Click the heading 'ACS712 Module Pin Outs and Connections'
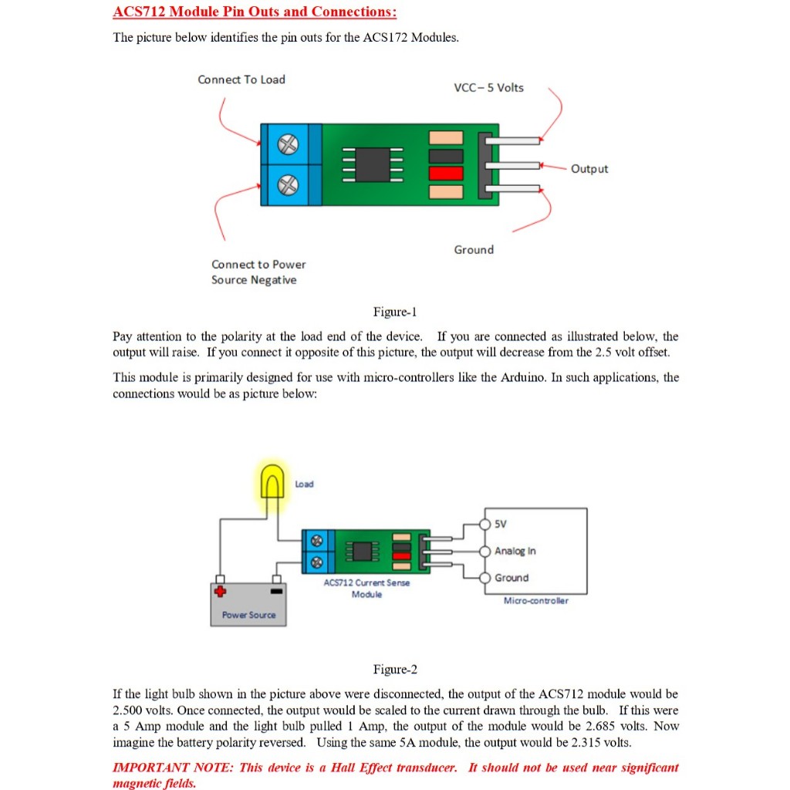(x=255, y=12)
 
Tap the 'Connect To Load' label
(x=241, y=79)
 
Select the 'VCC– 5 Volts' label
(x=488, y=88)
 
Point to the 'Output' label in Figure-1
(x=589, y=169)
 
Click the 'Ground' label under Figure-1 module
(x=474, y=250)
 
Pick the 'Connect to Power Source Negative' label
(x=258, y=272)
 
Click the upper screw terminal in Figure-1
(x=287, y=143)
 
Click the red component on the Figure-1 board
(x=446, y=174)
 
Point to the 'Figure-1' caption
(x=395, y=312)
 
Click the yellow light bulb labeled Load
(x=272, y=484)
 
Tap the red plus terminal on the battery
(x=221, y=592)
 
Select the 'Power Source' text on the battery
(x=248, y=615)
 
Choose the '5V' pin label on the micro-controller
(x=501, y=525)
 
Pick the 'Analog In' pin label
(x=515, y=551)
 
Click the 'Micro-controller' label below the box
(x=535, y=600)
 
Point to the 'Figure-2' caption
(x=395, y=670)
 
